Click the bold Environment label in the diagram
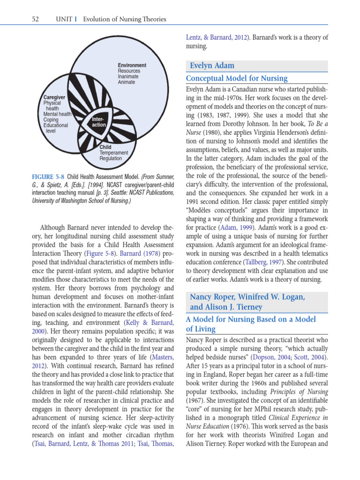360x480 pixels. tap(132, 65)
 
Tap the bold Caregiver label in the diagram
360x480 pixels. tap(54, 97)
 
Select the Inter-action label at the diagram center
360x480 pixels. tap(99, 122)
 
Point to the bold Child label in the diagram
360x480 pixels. tap(105, 147)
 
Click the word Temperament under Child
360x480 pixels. tap(113, 153)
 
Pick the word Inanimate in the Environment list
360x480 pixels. tap(128, 76)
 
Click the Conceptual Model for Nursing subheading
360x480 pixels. tap(237, 78)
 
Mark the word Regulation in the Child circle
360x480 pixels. tap(110, 158)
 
